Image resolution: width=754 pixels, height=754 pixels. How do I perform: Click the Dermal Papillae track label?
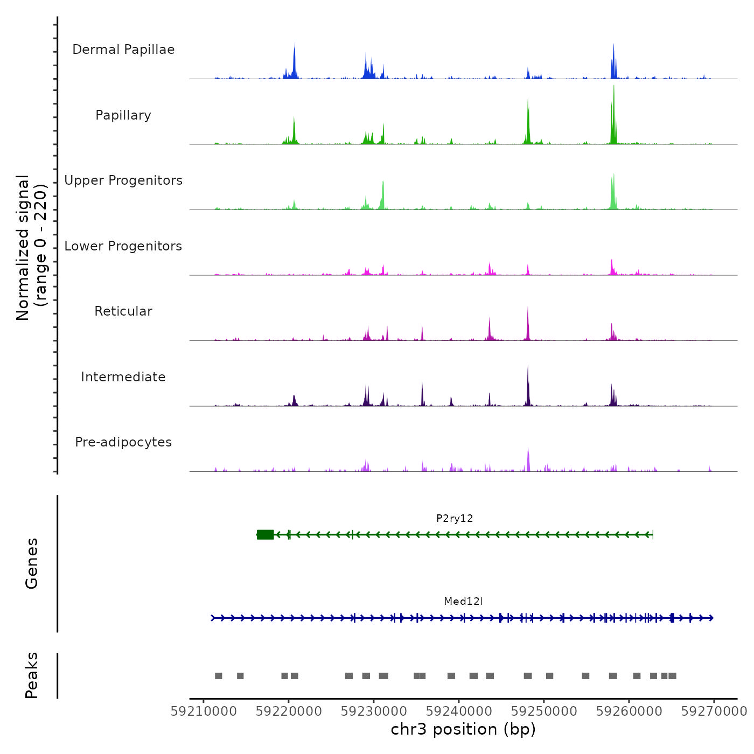pos(123,50)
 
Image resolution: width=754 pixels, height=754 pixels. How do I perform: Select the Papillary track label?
pos(123,115)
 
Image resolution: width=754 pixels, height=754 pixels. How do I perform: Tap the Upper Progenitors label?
pos(123,180)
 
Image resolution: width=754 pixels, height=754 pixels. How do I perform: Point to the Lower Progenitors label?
pos(123,246)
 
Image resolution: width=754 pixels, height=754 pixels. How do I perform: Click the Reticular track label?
pos(123,311)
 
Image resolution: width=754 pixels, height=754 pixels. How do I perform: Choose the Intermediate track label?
pos(123,377)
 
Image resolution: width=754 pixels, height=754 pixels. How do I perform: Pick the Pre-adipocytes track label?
pos(123,442)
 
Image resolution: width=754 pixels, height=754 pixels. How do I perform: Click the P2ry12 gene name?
pos(455,519)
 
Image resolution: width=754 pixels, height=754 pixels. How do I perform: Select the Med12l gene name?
pos(463,602)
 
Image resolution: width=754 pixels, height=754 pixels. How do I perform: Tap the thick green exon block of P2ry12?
pos(265,535)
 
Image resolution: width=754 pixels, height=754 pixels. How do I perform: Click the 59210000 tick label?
pos(204,711)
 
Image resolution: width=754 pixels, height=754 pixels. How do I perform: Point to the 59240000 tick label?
pos(459,711)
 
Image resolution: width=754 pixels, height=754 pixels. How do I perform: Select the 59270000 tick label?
pos(714,711)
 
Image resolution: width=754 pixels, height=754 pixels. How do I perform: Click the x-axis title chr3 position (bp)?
pos(463,730)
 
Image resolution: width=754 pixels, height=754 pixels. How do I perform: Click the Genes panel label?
pos(32,563)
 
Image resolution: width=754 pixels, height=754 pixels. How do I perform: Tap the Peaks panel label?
pos(32,675)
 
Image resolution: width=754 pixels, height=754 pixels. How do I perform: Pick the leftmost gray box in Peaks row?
pos(218,676)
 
